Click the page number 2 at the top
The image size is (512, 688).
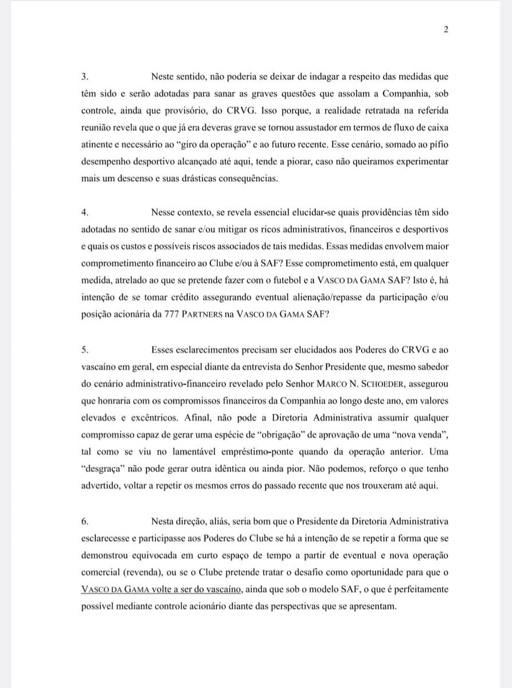point(445,30)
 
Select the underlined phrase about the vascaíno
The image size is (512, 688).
point(163,589)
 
